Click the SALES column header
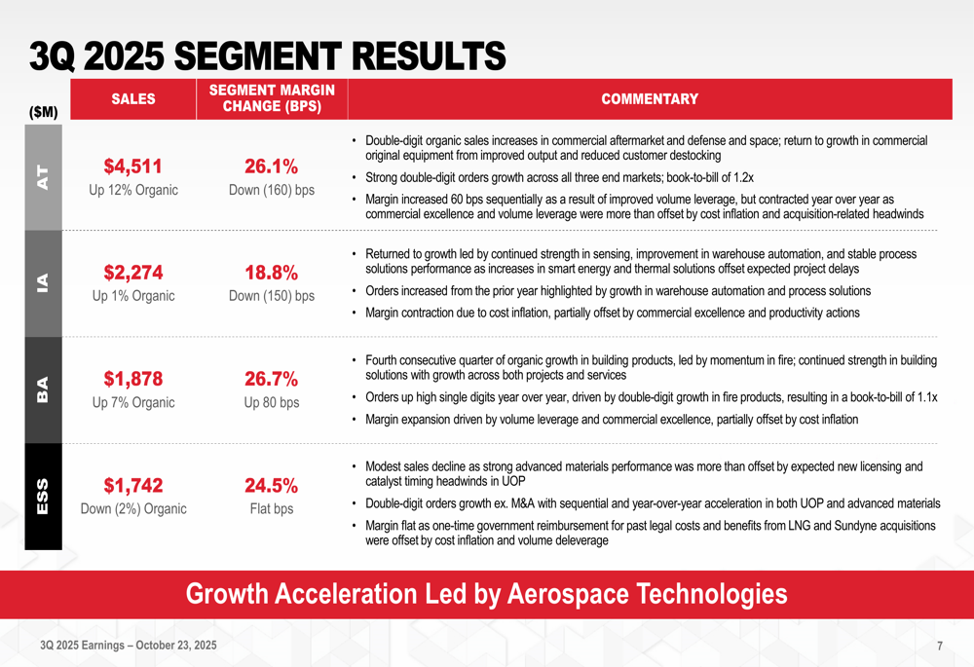132,98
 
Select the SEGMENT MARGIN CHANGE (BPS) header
272,98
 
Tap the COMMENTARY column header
649,98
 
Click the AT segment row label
43,175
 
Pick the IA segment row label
43,282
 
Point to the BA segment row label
43,389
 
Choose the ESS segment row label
43,497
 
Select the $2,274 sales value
132,272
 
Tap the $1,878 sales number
132,379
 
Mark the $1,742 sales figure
132,486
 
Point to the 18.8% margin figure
271,272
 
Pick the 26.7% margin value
271,379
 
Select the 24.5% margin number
271,486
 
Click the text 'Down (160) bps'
272,190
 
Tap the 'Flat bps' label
272,509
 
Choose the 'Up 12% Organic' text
133,190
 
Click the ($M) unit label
43,113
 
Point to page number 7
940,646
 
